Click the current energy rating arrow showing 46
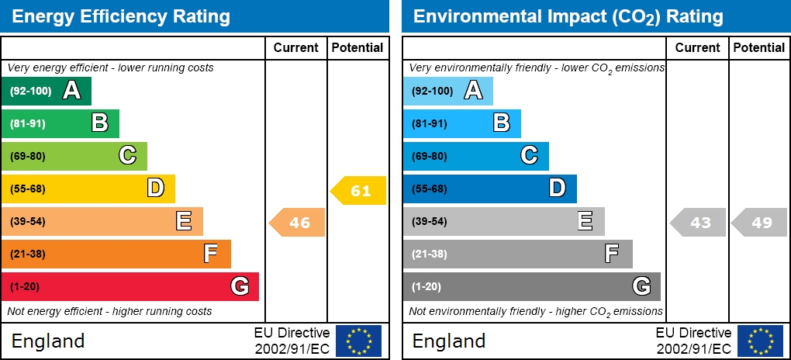pyautogui.click(x=298, y=223)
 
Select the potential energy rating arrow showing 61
pyautogui.click(x=359, y=190)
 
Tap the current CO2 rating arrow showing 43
pyautogui.click(x=698, y=223)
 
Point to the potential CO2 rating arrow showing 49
pyautogui.click(x=760, y=223)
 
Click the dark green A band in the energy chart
pyautogui.click(x=47, y=91)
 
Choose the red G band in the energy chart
pyautogui.click(x=130, y=286)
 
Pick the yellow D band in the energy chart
pyautogui.click(x=88, y=189)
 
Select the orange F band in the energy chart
pyautogui.click(x=116, y=254)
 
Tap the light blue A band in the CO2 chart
pyautogui.click(x=447, y=91)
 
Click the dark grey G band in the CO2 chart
pyautogui.click(x=531, y=286)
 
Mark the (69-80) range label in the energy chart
pyautogui.click(x=28, y=156)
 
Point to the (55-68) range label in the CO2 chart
pyautogui.click(x=429, y=189)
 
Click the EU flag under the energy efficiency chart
pyautogui.click(x=358, y=341)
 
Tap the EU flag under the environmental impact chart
pyautogui.click(x=760, y=341)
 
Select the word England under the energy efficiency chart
pyautogui.click(x=48, y=341)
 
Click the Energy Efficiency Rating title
pyautogui.click(x=122, y=16)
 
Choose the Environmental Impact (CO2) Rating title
pyautogui.click(x=568, y=16)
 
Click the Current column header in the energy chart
pyautogui.click(x=296, y=47)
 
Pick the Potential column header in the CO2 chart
pyautogui.click(x=759, y=47)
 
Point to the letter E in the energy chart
pyautogui.click(x=184, y=221)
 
